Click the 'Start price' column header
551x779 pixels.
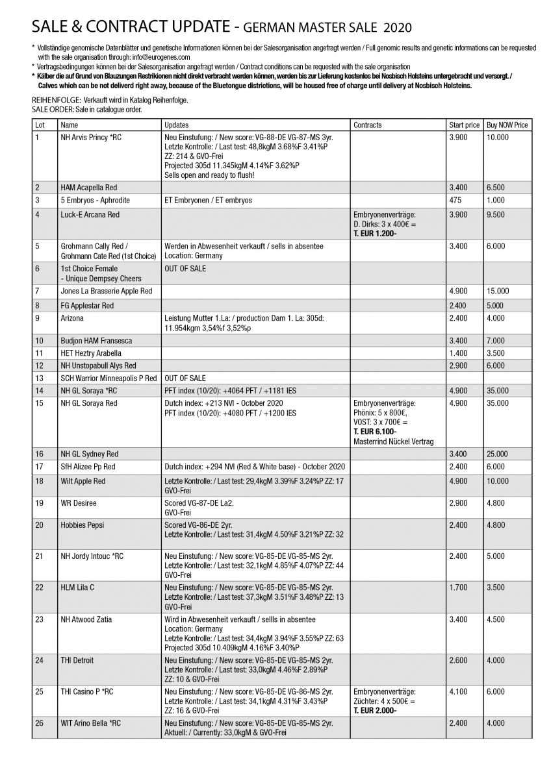pyautogui.click(x=464, y=125)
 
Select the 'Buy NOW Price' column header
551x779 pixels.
pyautogui.click(x=507, y=125)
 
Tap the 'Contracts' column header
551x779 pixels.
pyautogui.click(x=368, y=125)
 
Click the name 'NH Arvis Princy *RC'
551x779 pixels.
pyautogui.click(x=91, y=138)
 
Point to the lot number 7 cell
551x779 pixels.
pyautogui.click(x=38, y=291)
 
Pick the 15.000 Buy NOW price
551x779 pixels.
pyautogui.click(x=498, y=291)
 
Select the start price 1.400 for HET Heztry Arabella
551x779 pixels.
pyautogui.click(x=458, y=352)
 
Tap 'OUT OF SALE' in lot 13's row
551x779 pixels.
pyautogui.click(x=185, y=377)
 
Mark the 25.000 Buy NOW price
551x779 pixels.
pyautogui.click(x=498, y=454)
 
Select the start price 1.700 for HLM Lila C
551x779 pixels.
pyautogui.click(x=458, y=587)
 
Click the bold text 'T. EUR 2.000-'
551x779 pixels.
pyautogui.click(x=375, y=710)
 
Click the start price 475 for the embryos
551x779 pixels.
pyautogui.click(x=455, y=200)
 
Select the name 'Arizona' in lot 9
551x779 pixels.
pyautogui.click(x=72, y=319)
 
